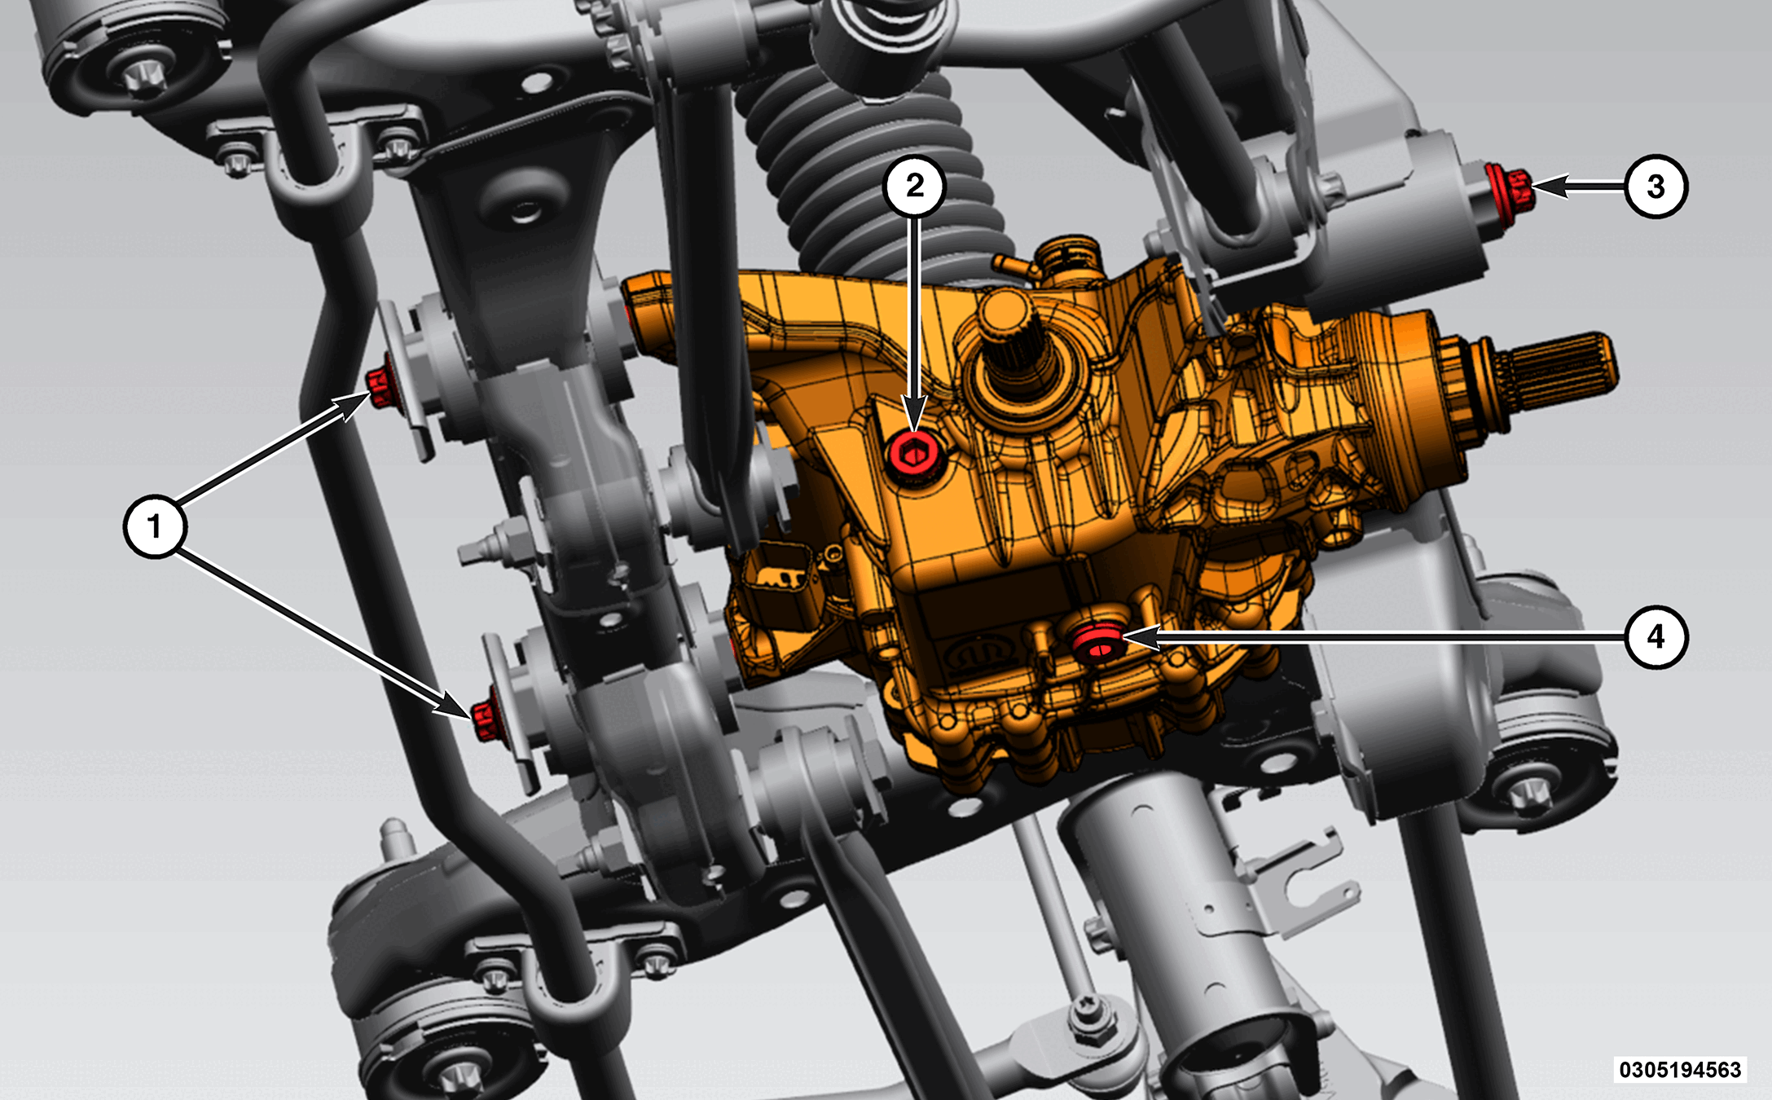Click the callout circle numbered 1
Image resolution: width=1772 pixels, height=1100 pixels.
155,526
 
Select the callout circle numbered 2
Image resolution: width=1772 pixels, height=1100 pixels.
915,187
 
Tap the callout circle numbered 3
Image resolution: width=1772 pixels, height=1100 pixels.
1655,187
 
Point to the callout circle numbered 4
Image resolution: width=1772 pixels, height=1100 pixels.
1655,637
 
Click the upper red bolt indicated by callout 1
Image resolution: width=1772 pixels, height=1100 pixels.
380,388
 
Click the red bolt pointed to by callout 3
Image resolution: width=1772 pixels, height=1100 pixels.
1509,188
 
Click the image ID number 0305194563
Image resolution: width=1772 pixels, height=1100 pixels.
1680,1069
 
